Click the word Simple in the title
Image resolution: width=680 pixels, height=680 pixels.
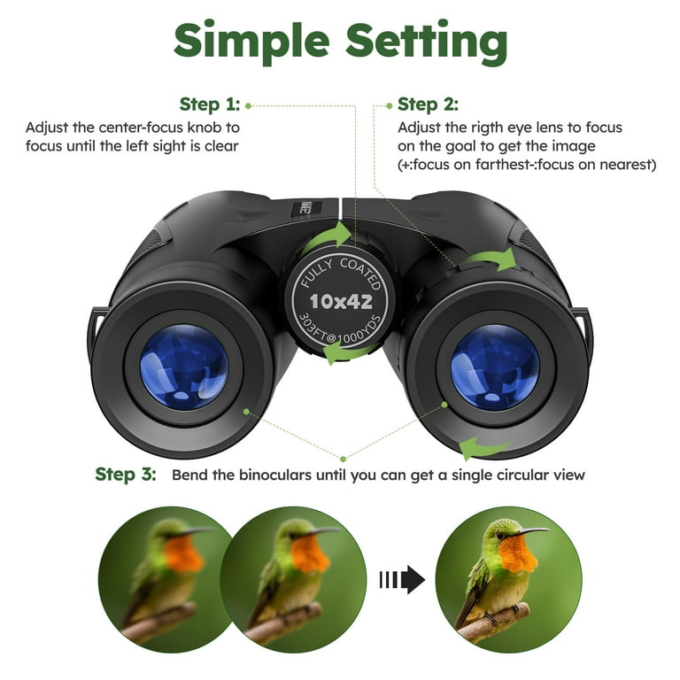pyautogui.click(x=252, y=41)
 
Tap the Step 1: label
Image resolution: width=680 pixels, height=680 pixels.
pyautogui.click(x=210, y=104)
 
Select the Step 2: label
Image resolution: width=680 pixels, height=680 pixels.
pyautogui.click(x=428, y=104)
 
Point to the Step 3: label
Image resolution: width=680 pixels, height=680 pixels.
pyautogui.click(x=126, y=474)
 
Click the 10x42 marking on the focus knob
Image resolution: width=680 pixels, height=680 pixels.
pyautogui.click(x=341, y=301)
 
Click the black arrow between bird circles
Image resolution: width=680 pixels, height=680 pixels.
pyautogui.click(x=402, y=579)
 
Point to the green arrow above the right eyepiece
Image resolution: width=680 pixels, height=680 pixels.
pyautogui.click(x=490, y=259)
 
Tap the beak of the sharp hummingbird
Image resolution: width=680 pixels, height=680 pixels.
pyautogui.click(x=532, y=531)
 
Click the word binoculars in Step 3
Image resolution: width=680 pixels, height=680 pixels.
pyautogui.click(x=275, y=475)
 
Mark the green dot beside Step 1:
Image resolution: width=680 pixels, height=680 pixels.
pyautogui.click(x=249, y=105)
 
